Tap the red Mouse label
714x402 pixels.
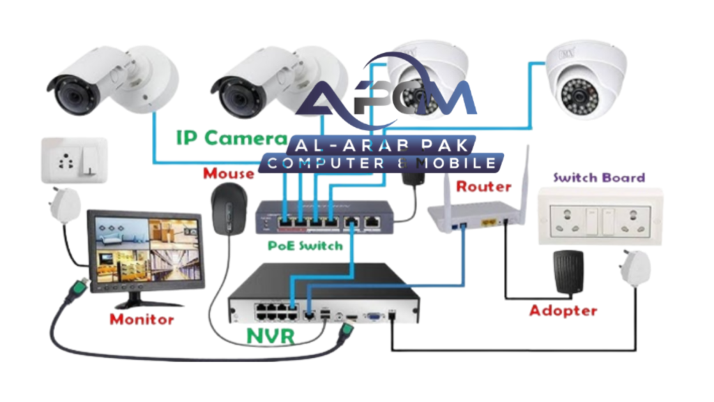coord(228,172)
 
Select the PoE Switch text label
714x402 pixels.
coord(305,246)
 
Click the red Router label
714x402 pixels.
coord(483,186)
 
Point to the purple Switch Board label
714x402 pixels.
coord(599,177)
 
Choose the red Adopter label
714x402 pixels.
coord(563,311)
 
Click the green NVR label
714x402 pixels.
coord(271,337)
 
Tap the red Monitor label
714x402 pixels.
coord(142,320)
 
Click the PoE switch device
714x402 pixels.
coord(323,217)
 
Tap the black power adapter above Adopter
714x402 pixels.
coord(567,271)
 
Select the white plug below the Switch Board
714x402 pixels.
coord(632,268)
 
